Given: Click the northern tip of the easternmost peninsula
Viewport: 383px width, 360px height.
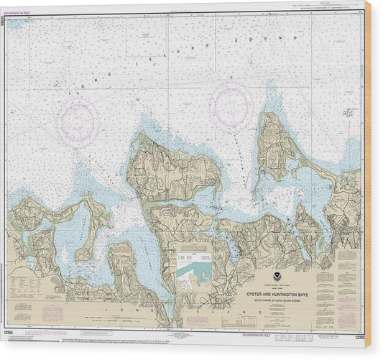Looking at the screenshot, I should click(x=269, y=115).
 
